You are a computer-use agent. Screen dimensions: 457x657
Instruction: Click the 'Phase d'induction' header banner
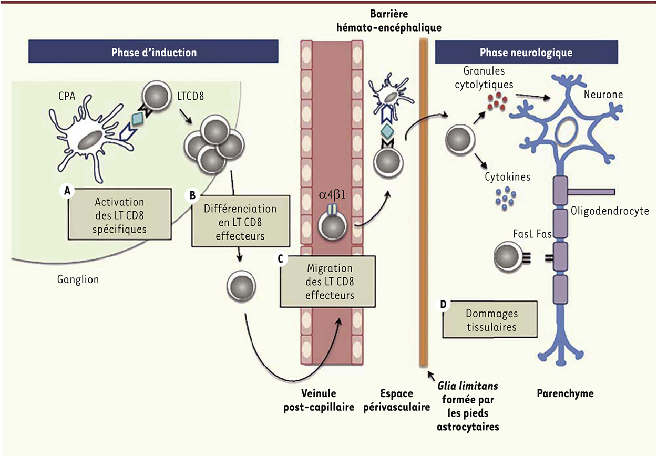pyautogui.click(x=153, y=52)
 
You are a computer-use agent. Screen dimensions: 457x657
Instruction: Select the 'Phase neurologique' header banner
pyautogui.click(x=526, y=53)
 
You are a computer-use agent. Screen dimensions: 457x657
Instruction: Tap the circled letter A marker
pyautogui.click(x=67, y=192)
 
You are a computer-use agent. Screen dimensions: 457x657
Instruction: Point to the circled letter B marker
pyautogui.click(x=192, y=195)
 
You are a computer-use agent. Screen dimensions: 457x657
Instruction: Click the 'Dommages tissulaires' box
pyautogui.click(x=491, y=320)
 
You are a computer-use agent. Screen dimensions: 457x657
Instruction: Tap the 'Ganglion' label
pyautogui.click(x=78, y=279)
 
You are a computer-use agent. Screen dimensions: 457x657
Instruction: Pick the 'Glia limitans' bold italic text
pyautogui.click(x=468, y=386)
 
